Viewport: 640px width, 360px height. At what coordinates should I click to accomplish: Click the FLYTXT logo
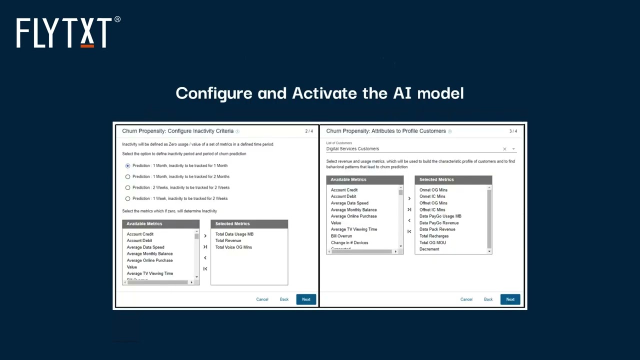click(x=68, y=32)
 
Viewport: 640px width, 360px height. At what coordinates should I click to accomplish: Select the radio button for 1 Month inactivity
click(x=128, y=165)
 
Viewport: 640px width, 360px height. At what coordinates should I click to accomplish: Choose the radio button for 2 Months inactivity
click(x=128, y=176)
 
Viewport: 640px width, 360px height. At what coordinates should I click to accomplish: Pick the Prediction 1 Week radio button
click(x=128, y=198)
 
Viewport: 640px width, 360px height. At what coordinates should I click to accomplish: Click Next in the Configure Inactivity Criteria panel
click(x=306, y=299)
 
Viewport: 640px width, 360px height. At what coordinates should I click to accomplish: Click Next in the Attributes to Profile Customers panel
click(x=510, y=299)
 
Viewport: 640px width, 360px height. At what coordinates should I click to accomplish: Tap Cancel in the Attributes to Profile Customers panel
click(x=466, y=299)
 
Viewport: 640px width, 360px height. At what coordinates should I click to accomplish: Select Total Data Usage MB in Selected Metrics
click(x=234, y=234)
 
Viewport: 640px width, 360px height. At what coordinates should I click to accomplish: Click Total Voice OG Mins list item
click(x=233, y=247)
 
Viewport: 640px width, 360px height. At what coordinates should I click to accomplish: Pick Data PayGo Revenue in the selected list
click(x=439, y=223)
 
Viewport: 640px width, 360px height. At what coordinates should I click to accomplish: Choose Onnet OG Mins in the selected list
click(x=433, y=190)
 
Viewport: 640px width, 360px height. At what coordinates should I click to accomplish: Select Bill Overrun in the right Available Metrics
click(x=341, y=236)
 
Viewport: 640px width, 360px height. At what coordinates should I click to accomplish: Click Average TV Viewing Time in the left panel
click(x=150, y=273)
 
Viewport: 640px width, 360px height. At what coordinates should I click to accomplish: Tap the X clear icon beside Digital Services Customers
click(x=504, y=149)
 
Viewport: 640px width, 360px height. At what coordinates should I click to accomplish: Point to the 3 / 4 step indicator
click(x=513, y=131)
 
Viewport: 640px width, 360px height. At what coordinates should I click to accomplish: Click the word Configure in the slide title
click(x=214, y=93)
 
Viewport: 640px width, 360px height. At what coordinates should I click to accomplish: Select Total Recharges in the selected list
click(x=434, y=236)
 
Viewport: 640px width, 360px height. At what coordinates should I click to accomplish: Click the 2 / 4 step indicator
click(x=309, y=131)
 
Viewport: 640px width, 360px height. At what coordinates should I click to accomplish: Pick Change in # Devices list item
click(x=349, y=242)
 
